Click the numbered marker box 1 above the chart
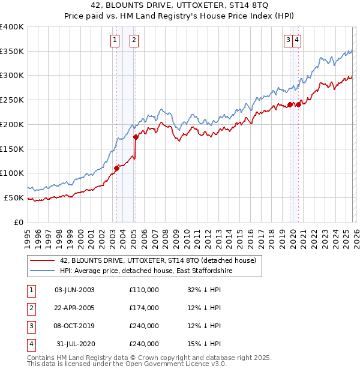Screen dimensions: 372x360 point(114,40)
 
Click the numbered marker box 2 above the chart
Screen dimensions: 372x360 point(133,40)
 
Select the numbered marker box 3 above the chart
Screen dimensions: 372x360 point(288,40)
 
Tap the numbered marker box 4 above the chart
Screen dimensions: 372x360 point(297,40)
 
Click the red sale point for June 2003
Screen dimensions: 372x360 point(116,168)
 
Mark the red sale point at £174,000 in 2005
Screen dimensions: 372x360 point(136,137)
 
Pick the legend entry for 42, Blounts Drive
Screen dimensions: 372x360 point(158,260)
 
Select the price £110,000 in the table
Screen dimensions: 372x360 point(144,290)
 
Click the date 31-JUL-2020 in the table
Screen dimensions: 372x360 point(74,344)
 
